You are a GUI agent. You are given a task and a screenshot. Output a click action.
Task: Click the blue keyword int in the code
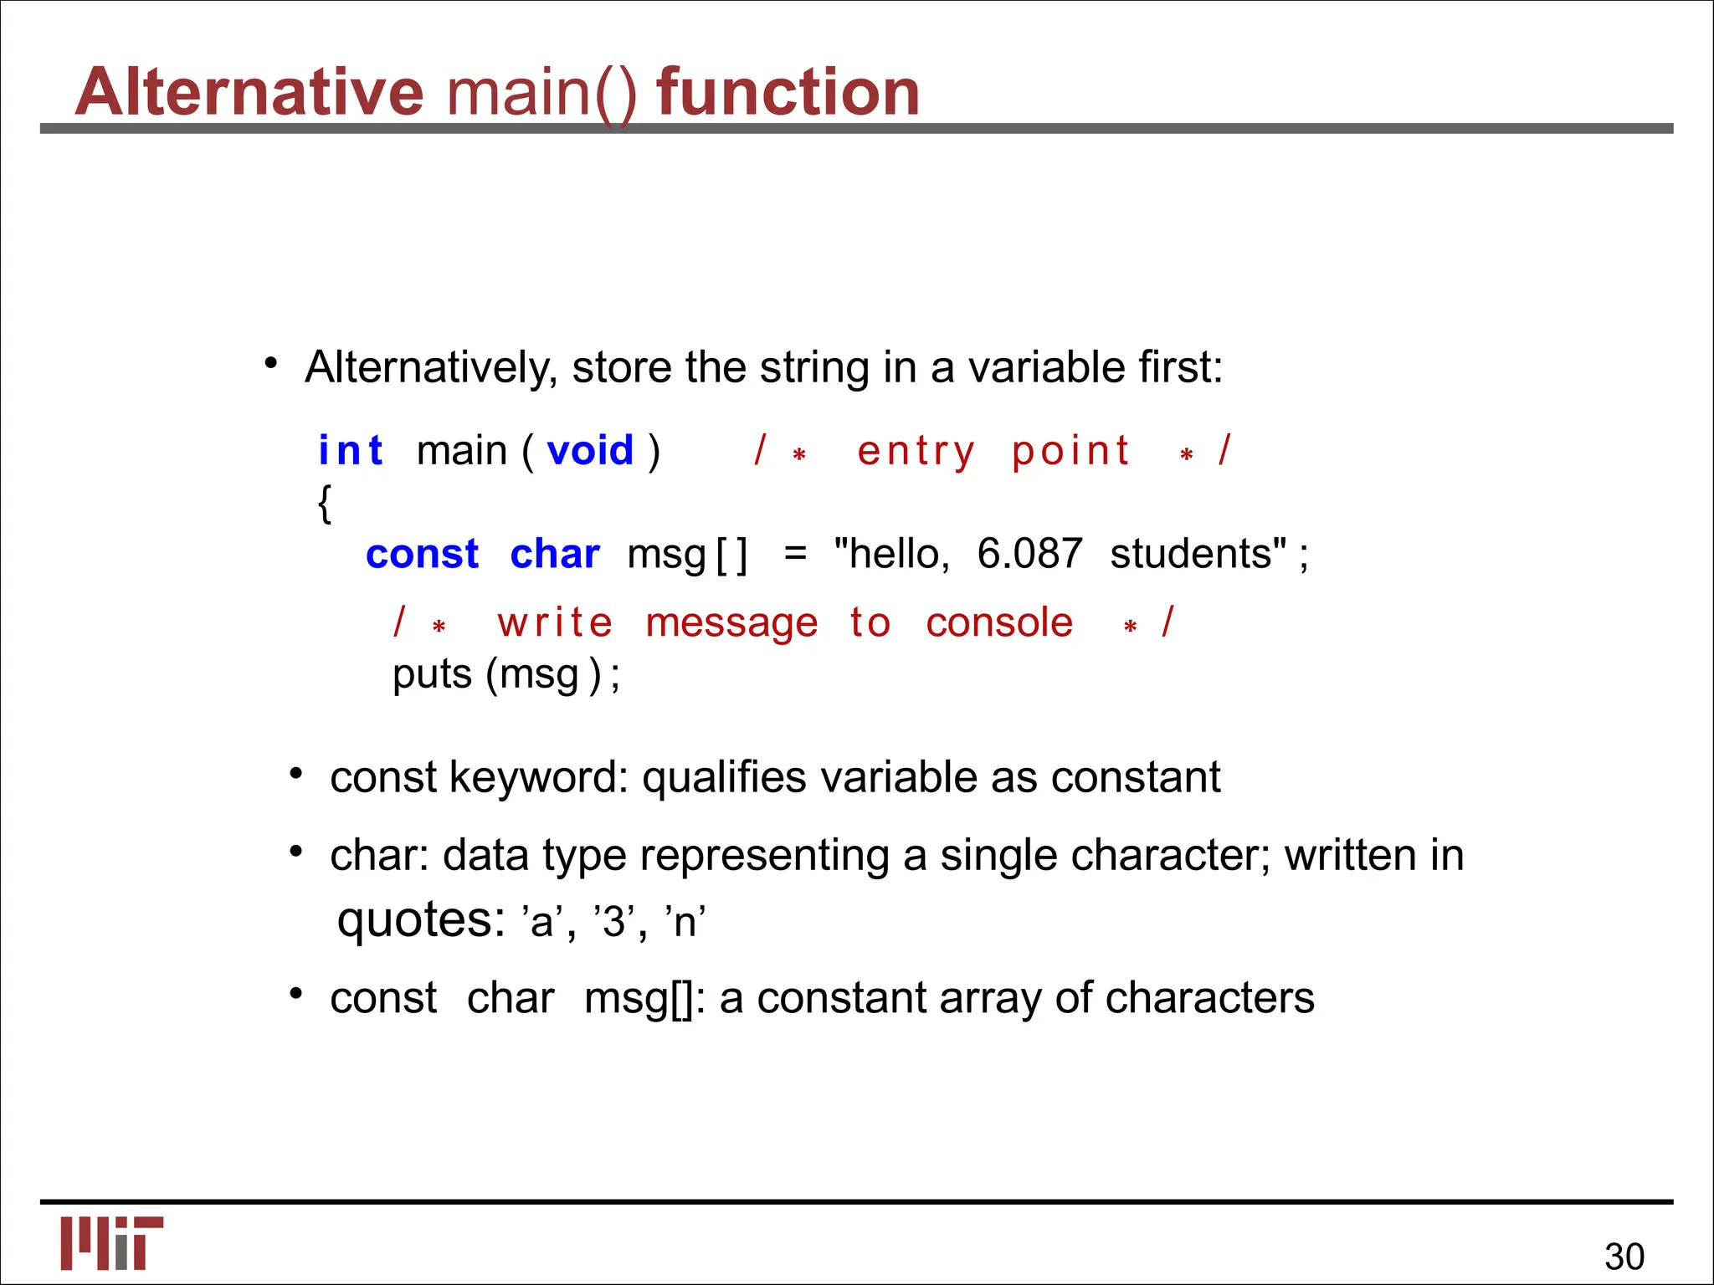[x=350, y=451]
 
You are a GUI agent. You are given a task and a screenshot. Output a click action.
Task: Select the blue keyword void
[x=590, y=451]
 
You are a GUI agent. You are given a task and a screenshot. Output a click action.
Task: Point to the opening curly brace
[x=325, y=504]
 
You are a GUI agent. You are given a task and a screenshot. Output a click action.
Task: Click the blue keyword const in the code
[x=422, y=554]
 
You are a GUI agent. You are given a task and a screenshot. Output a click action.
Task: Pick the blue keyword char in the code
[x=555, y=554]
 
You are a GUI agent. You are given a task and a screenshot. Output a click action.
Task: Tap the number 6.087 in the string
[x=1029, y=554]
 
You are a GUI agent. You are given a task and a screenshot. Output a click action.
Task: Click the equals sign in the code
[x=795, y=554]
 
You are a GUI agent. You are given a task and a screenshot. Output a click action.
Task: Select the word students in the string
[x=1197, y=554]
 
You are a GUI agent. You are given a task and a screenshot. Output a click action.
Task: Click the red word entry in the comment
[x=916, y=452]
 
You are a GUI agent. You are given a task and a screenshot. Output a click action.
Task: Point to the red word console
[x=999, y=623]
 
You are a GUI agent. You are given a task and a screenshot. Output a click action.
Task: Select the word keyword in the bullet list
[x=538, y=777]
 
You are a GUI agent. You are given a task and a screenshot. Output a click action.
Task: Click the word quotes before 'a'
[x=420, y=920]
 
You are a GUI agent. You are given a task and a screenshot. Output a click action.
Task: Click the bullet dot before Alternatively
[x=270, y=363]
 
